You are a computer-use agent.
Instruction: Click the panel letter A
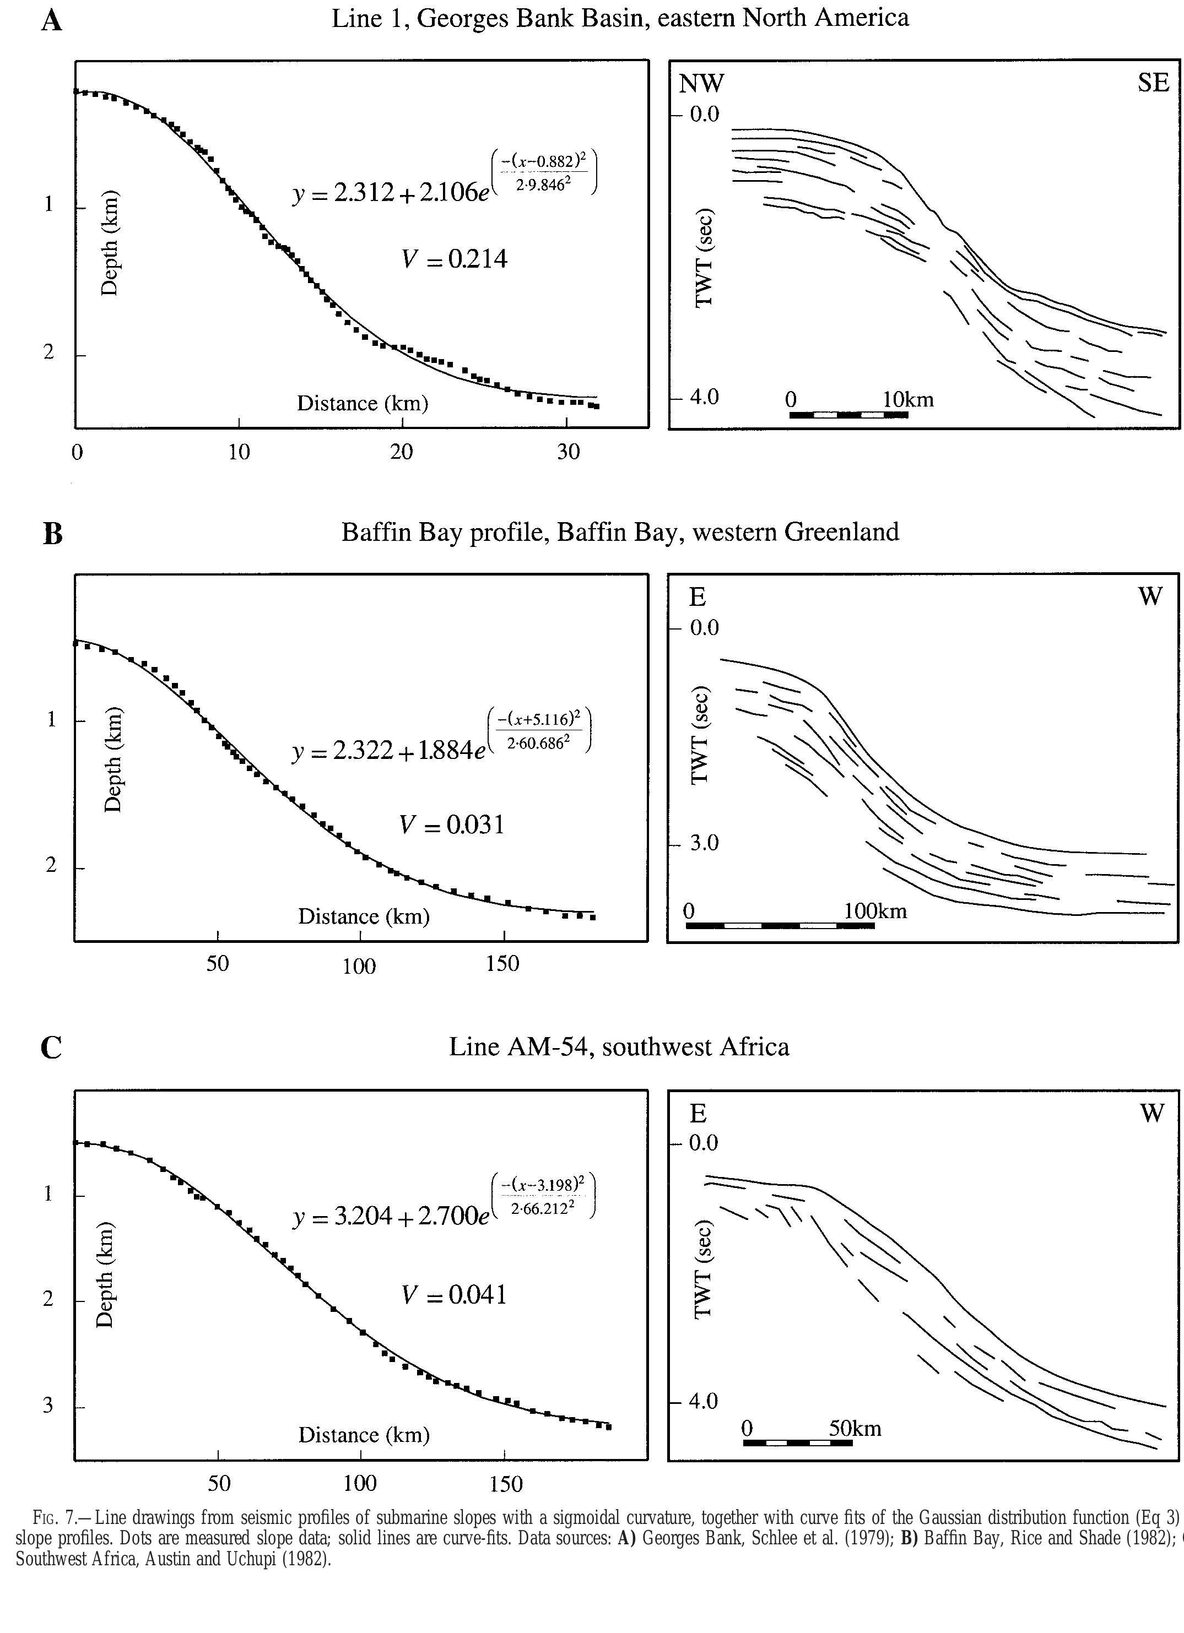(x=51, y=21)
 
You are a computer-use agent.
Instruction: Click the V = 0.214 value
(x=454, y=258)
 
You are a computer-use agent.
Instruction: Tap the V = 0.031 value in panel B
(x=452, y=824)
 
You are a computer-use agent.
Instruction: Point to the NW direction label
(x=701, y=84)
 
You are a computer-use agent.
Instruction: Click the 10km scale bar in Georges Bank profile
(x=848, y=415)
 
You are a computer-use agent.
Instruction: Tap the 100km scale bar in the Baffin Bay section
(x=780, y=925)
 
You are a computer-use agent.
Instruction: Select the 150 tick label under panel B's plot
(x=502, y=963)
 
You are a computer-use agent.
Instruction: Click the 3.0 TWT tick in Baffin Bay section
(x=704, y=843)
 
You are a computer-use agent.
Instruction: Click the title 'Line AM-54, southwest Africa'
(x=619, y=1046)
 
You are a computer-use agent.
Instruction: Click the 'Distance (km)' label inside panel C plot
(x=364, y=1435)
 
